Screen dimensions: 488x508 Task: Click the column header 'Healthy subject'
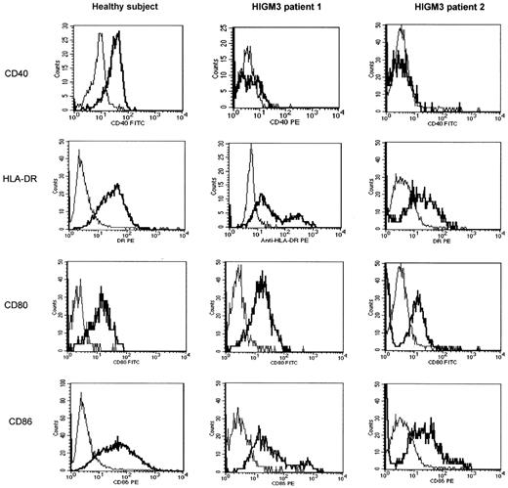tap(113, 9)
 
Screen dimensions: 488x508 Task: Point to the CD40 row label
tap(18, 69)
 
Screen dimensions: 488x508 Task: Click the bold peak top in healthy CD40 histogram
tap(118, 32)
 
